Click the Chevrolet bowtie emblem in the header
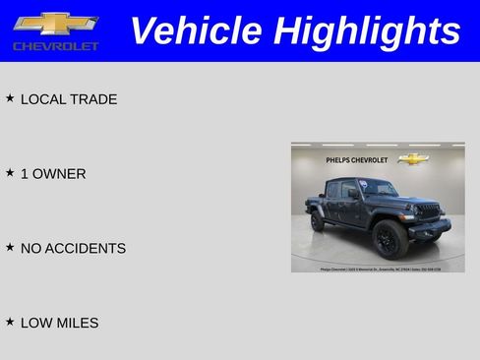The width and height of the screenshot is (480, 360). (x=56, y=24)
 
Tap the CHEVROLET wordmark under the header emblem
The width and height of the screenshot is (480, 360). (x=56, y=46)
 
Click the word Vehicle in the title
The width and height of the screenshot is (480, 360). (x=196, y=30)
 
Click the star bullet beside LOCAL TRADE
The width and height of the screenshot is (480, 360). (x=10, y=98)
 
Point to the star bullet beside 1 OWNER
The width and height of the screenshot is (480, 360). (x=10, y=173)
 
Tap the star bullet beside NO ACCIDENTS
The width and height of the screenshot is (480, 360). (x=10, y=248)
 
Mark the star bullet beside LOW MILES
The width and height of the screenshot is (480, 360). (x=10, y=322)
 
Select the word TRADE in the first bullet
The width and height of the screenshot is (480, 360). (x=93, y=99)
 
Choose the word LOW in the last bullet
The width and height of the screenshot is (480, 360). (x=36, y=323)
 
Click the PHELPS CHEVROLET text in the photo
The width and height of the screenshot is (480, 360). (x=357, y=159)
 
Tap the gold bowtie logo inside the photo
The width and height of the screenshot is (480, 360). (x=413, y=158)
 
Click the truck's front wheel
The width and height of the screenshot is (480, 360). (x=390, y=238)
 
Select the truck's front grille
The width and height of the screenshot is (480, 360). (x=428, y=210)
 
